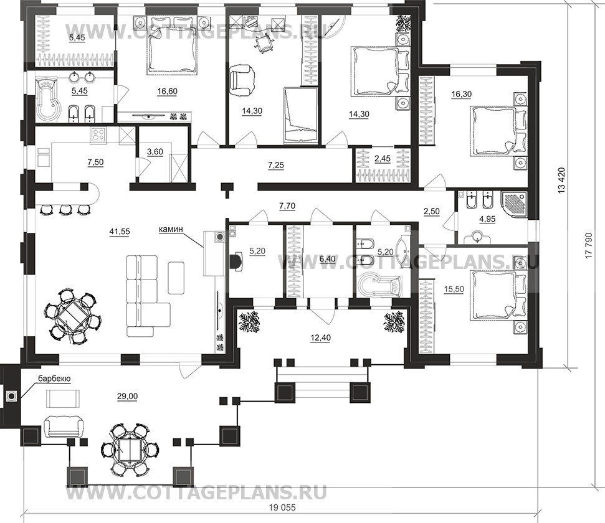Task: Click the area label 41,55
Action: coord(120,232)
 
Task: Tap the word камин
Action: coord(171,230)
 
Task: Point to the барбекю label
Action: coord(54,379)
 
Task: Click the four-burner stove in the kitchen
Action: coord(98,136)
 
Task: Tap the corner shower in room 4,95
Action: coord(514,204)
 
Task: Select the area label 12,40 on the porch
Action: coord(320,338)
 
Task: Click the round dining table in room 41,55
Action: coord(72,317)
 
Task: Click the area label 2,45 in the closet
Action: coord(383,159)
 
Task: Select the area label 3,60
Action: coord(156,152)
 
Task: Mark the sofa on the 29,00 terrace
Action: coord(64,426)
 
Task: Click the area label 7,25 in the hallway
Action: coord(276,165)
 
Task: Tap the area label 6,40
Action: coord(328,259)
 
